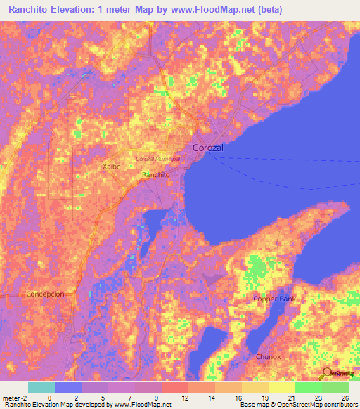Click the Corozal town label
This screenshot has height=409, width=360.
point(208,148)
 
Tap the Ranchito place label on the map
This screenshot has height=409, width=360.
point(156,174)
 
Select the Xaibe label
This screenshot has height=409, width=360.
point(112,167)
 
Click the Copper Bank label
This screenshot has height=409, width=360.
point(275,299)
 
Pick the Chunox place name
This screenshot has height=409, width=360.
point(269,357)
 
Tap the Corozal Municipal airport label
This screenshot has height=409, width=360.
point(157,159)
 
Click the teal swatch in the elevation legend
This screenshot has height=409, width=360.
point(41,387)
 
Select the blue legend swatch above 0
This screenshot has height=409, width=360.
point(68,387)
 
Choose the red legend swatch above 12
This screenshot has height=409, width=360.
point(175,387)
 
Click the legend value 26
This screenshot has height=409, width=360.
point(345,397)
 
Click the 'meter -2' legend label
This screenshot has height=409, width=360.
point(15,397)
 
